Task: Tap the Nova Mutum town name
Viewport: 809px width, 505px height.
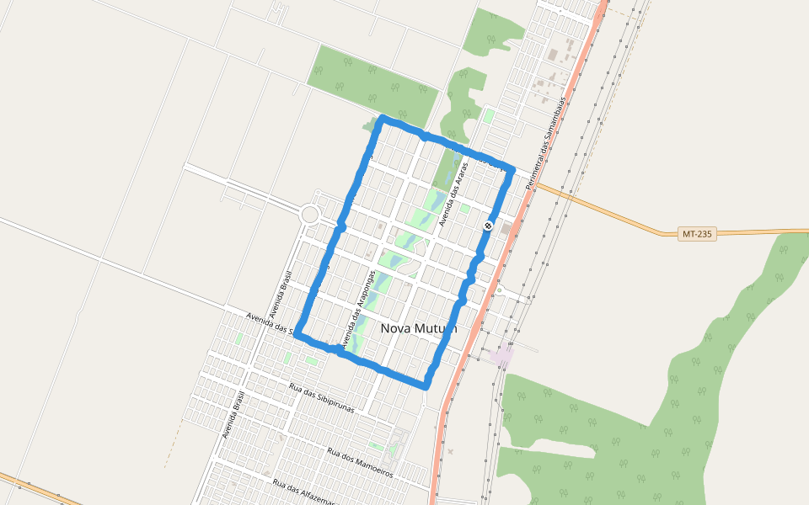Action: click(x=419, y=328)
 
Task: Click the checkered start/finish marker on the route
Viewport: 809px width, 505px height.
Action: click(x=489, y=226)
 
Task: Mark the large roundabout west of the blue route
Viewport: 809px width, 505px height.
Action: click(x=310, y=214)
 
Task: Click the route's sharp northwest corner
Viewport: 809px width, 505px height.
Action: click(x=383, y=119)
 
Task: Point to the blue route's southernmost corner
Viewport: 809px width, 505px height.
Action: click(x=426, y=385)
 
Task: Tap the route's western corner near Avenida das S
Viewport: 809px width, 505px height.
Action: click(x=297, y=334)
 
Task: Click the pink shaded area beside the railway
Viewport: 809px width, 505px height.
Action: click(x=502, y=355)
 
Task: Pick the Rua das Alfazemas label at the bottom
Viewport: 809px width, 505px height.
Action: click(x=304, y=493)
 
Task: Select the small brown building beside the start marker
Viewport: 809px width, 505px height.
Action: click(x=506, y=228)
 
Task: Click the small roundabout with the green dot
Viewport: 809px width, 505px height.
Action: click(x=500, y=290)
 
